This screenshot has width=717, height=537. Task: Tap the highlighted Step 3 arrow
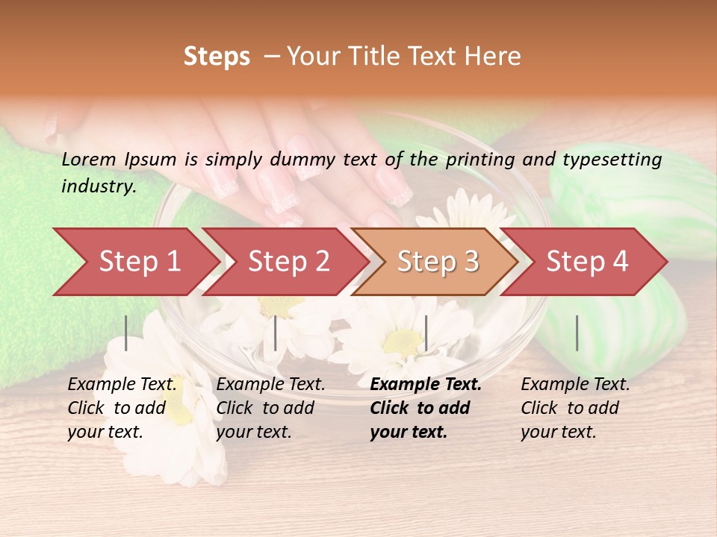click(x=438, y=262)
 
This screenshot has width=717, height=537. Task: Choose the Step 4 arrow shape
click(x=587, y=262)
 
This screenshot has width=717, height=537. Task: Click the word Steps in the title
click(x=217, y=57)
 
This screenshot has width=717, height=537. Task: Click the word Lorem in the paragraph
click(x=88, y=159)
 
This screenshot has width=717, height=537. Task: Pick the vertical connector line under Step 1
click(x=126, y=333)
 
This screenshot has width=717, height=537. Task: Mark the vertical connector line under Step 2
click(x=276, y=333)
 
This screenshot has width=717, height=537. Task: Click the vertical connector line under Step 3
click(x=426, y=333)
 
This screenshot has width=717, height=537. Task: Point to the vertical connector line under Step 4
click(x=577, y=333)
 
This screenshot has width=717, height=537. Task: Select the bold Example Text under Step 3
click(x=426, y=385)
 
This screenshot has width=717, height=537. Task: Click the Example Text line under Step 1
click(x=122, y=385)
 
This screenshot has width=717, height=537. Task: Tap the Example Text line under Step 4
click(x=575, y=385)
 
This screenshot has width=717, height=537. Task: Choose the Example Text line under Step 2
click(x=270, y=385)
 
